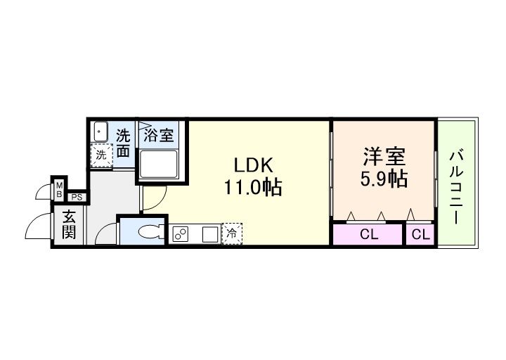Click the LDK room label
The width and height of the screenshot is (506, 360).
tap(253, 167)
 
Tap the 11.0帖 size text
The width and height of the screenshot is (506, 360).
tap(253, 188)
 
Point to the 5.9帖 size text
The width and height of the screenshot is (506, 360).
tap(383, 179)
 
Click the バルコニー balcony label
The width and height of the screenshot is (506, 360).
tap(456, 184)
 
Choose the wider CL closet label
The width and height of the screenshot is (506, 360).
tap(368, 234)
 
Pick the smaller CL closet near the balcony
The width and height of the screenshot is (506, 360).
tap(420, 234)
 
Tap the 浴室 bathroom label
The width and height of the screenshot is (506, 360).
tap(160, 135)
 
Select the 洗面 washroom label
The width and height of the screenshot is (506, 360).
tap(123, 142)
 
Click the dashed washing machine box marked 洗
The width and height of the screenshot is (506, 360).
tap(101, 155)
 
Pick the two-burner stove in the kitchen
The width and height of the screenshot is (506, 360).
tap(181, 234)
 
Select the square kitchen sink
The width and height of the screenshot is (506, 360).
tap(209, 234)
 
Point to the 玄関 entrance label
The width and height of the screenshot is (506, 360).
tap(69, 225)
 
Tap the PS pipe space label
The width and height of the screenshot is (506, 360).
tap(77, 198)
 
